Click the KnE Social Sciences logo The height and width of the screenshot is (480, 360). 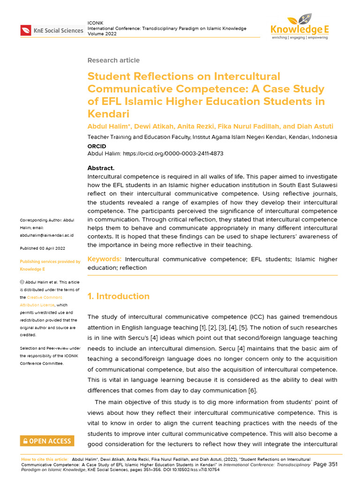(52, 31)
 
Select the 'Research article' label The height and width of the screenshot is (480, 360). (113, 60)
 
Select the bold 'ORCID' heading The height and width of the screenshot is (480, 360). (97, 146)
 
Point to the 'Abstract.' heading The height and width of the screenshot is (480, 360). (101, 168)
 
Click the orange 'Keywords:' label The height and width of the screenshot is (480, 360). (105, 259)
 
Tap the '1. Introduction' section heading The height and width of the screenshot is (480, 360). (119, 296)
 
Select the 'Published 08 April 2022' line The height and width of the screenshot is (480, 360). (42, 247)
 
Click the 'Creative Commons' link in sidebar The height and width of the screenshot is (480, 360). (44, 298)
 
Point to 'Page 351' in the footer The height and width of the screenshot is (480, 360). (325, 464)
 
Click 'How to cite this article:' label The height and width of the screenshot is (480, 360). (45, 459)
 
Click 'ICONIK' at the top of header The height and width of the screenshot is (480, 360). (96, 23)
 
